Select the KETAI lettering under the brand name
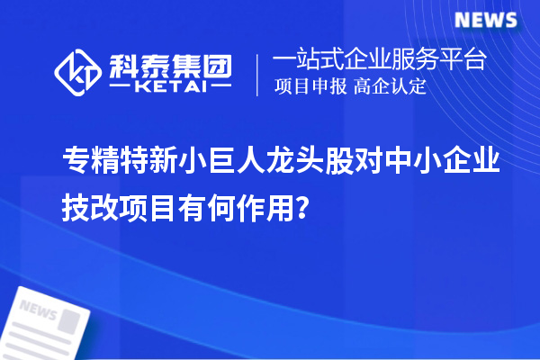(170, 87)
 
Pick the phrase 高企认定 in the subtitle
(388, 87)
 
